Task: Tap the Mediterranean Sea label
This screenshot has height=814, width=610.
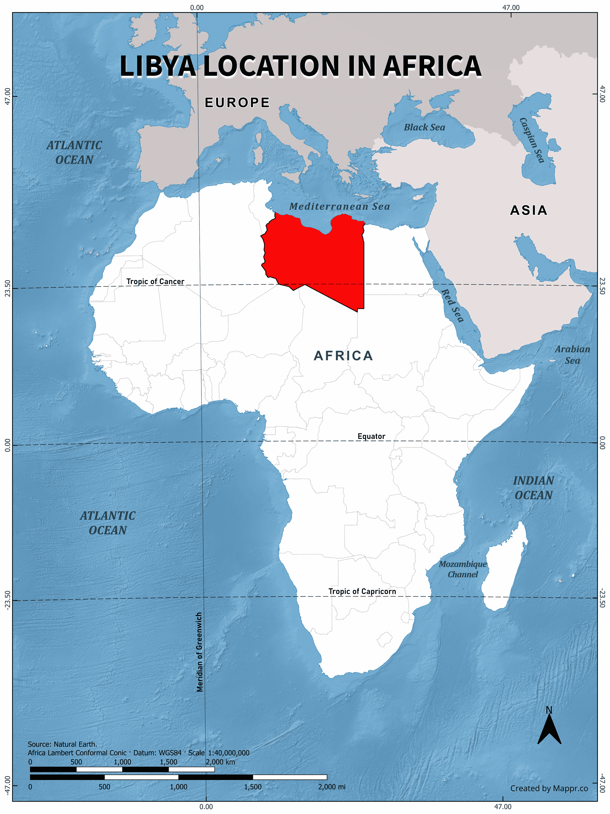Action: tap(339, 206)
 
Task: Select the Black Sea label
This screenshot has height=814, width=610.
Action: tap(424, 127)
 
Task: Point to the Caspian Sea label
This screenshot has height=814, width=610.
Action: tap(532, 140)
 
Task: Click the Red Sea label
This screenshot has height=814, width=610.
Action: tap(452, 305)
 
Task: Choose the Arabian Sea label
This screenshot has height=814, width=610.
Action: tap(572, 355)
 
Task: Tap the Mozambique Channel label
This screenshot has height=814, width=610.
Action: tap(463, 569)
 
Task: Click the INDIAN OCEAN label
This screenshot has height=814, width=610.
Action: tap(534, 488)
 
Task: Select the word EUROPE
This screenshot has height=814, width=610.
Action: tap(237, 103)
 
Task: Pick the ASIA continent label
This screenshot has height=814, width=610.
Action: tap(529, 210)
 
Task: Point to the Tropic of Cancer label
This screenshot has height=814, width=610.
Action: tap(155, 282)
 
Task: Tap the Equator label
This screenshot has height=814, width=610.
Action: tap(371, 436)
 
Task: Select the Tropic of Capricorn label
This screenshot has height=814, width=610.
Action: tap(362, 591)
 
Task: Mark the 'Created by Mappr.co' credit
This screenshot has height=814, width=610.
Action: tap(549, 788)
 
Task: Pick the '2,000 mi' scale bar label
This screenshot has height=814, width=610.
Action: tap(331, 787)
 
